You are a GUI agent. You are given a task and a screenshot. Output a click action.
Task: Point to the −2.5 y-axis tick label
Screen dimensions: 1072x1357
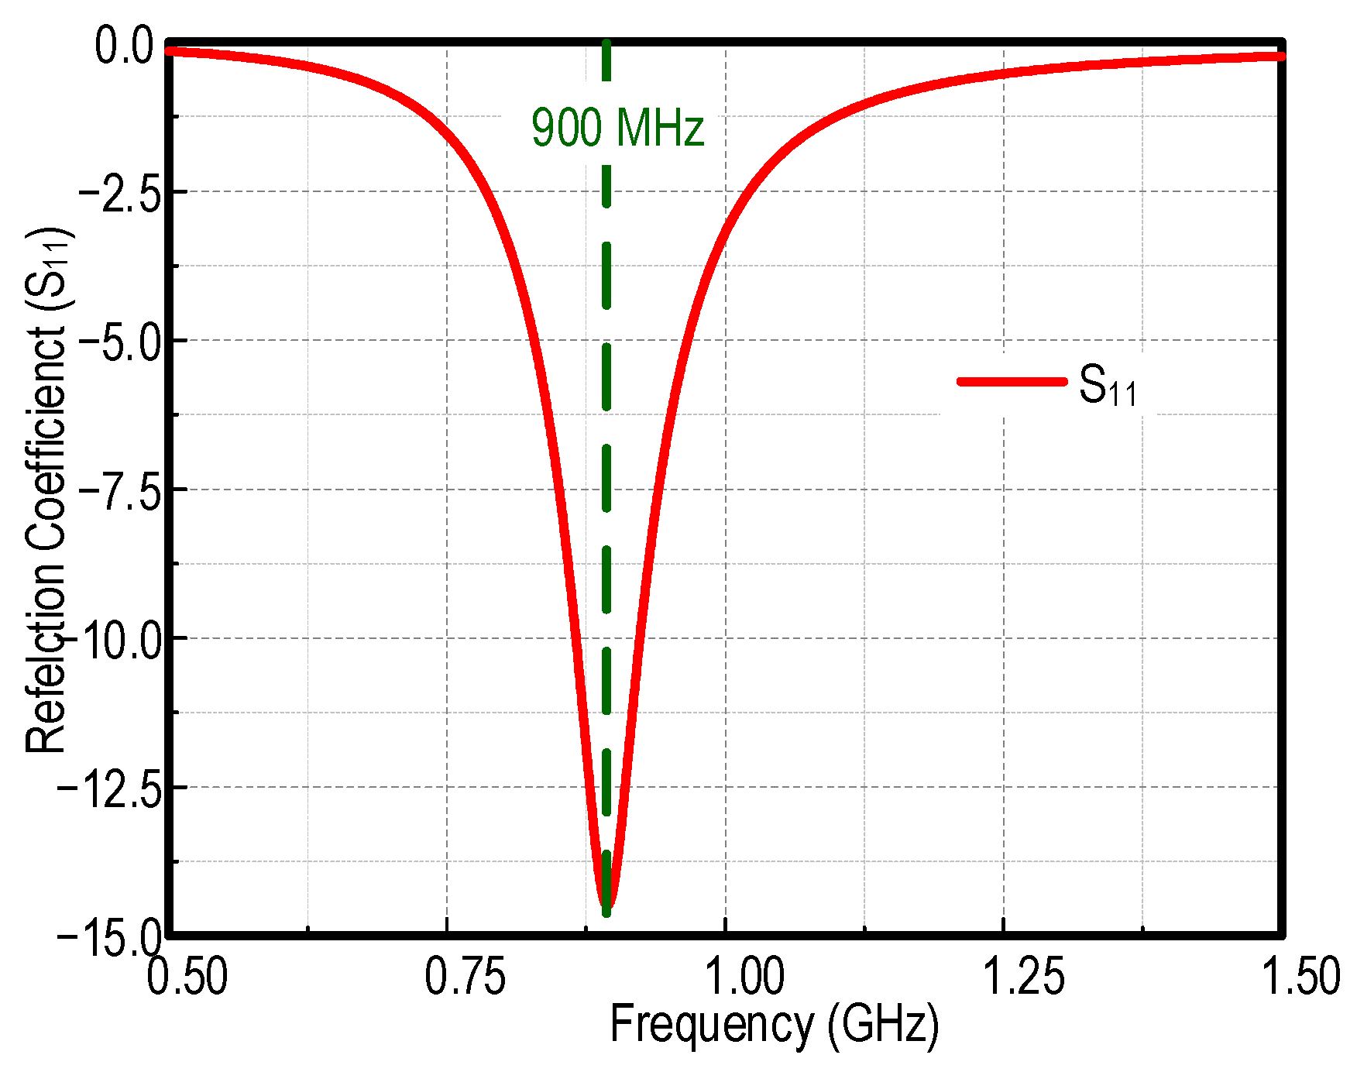(120, 191)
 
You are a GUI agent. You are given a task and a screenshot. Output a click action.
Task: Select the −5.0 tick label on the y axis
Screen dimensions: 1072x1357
(120, 341)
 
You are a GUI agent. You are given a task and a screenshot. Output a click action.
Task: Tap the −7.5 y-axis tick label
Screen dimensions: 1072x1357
(120, 490)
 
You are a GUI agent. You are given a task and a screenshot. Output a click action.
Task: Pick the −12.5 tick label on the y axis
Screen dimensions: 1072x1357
(110, 789)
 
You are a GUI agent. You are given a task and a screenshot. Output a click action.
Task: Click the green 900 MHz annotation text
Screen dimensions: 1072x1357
(617, 128)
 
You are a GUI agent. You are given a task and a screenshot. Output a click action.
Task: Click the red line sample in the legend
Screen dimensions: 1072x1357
(1012, 381)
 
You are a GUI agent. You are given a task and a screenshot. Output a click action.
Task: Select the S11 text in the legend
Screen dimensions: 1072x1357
(1108, 386)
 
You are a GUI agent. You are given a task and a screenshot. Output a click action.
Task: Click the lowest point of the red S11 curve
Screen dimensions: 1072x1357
(606, 903)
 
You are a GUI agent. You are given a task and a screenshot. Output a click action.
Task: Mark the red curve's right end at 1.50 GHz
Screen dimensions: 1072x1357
(1280, 57)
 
